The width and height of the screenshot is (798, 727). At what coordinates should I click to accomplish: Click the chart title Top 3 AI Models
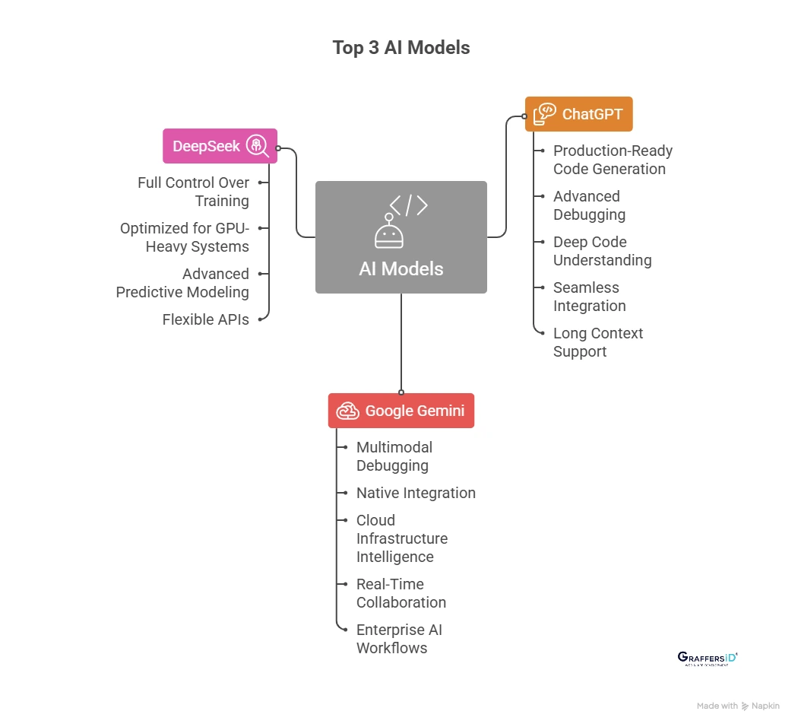click(x=401, y=47)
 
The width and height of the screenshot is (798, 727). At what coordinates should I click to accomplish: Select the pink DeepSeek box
click(x=220, y=146)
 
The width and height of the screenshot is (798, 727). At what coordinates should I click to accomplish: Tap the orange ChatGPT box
click(x=578, y=114)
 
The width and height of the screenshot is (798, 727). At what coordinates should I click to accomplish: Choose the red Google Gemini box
click(x=401, y=411)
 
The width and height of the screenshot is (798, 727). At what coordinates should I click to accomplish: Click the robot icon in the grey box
click(x=388, y=233)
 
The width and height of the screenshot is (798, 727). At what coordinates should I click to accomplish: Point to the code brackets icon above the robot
click(x=408, y=205)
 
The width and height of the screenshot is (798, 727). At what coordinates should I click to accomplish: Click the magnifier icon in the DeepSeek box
click(x=258, y=146)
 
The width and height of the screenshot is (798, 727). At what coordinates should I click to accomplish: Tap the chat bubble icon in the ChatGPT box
click(x=544, y=114)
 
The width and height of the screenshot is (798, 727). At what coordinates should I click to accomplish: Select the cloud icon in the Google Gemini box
click(x=348, y=411)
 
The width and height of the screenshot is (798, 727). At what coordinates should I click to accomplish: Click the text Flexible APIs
click(x=205, y=319)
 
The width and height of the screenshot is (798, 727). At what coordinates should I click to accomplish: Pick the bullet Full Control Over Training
click(x=193, y=192)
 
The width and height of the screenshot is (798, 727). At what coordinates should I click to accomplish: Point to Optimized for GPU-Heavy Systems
click(x=185, y=237)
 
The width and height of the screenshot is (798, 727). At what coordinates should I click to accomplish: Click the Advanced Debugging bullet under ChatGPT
click(x=589, y=205)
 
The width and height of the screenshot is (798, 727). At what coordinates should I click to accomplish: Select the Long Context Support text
click(x=597, y=342)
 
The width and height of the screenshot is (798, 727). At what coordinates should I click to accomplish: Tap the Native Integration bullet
click(x=416, y=493)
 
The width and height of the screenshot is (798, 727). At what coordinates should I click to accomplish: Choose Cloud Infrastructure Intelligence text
click(x=401, y=538)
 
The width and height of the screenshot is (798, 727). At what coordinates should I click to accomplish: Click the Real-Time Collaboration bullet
click(x=401, y=593)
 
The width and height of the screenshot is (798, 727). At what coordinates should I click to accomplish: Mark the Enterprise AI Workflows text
click(x=398, y=639)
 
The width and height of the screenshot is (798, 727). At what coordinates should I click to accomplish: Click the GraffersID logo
click(x=708, y=659)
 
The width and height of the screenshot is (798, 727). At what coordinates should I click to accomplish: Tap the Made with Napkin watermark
click(x=738, y=706)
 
